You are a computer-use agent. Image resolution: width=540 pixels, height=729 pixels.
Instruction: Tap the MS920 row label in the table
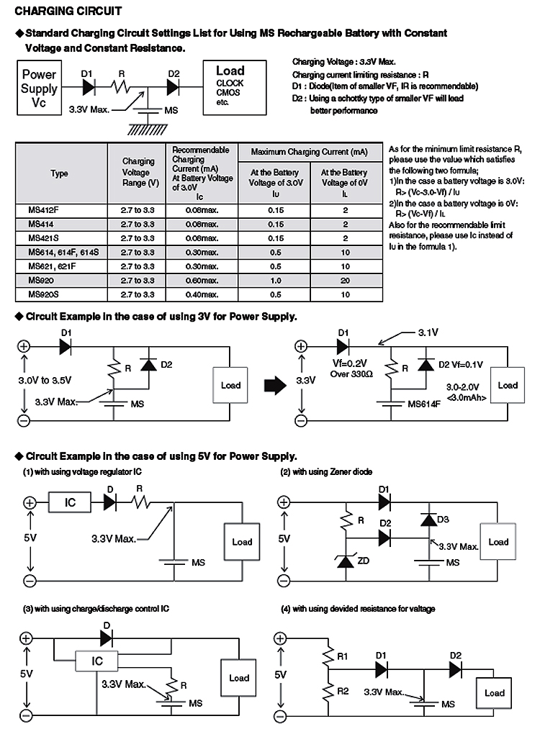coord(41,281)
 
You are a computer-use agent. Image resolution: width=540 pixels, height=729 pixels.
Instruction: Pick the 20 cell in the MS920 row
coord(345,281)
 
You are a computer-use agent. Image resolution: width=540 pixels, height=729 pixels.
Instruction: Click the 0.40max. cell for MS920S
coord(202,294)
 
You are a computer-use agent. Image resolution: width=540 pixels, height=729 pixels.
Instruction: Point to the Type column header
coord(59,173)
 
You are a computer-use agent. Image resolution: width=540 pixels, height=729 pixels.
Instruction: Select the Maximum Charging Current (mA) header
coord(310,152)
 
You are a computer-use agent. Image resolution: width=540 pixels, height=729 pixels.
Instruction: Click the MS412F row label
coord(43,209)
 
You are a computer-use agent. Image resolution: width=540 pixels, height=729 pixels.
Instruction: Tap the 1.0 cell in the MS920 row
coord(275,281)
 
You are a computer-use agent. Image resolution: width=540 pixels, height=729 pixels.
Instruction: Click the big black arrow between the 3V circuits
coord(275,386)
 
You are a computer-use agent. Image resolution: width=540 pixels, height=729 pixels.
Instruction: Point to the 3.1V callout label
coord(428,333)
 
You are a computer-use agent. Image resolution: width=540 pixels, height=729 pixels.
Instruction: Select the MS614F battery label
coord(424,404)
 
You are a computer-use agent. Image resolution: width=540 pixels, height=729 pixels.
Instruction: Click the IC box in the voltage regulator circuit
coord(70,502)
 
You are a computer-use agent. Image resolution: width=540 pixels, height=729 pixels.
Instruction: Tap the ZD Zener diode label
coord(364,561)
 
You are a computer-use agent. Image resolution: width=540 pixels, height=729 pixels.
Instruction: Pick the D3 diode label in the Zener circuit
coord(443,520)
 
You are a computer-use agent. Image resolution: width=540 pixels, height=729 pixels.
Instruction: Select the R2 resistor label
coord(343,691)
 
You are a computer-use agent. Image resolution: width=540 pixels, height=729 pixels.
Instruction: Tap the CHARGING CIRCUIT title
coord(68,11)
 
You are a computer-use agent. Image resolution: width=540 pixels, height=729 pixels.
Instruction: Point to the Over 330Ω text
coord(351,374)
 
